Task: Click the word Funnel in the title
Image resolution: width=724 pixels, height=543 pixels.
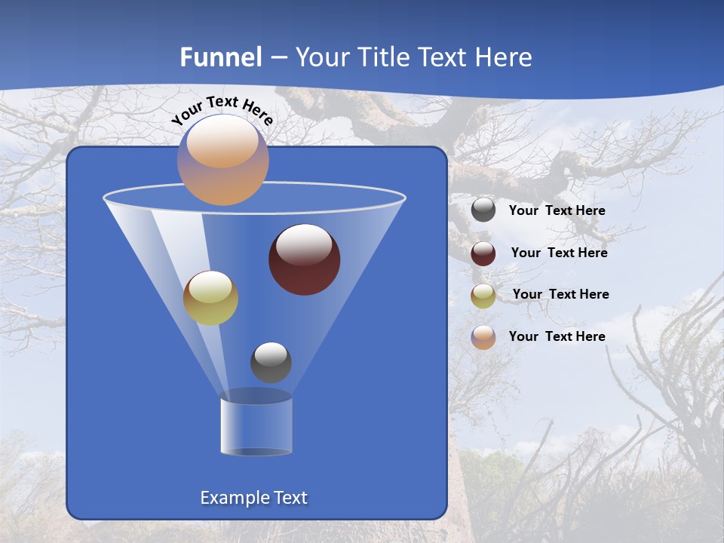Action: point(221,57)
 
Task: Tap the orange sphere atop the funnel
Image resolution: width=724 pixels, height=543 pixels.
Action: point(222,159)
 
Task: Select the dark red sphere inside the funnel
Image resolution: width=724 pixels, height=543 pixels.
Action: point(304,259)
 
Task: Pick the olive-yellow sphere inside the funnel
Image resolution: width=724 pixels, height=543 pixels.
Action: point(210,298)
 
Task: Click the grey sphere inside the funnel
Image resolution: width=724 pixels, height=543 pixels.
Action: point(271,362)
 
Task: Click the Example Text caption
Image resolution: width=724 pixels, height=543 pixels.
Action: point(253,498)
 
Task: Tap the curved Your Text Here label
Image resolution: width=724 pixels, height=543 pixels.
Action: point(222,110)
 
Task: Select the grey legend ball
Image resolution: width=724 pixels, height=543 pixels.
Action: point(483,210)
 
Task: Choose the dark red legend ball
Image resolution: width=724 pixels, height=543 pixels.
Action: point(483,253)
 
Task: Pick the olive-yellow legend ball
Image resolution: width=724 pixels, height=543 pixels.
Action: point(483,295)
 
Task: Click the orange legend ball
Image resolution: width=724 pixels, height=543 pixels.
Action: point(483,337)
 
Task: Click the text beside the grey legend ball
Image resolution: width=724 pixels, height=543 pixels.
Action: point(557,211)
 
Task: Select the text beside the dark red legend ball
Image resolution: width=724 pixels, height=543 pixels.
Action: point(559,253)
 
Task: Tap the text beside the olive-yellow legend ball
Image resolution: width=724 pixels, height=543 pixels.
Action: point(560,295)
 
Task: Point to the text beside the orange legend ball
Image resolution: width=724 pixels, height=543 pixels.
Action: point(557,337)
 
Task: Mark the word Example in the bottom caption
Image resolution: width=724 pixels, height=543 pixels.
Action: point(229,498)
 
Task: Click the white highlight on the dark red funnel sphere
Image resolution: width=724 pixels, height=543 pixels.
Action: point(304,246)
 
